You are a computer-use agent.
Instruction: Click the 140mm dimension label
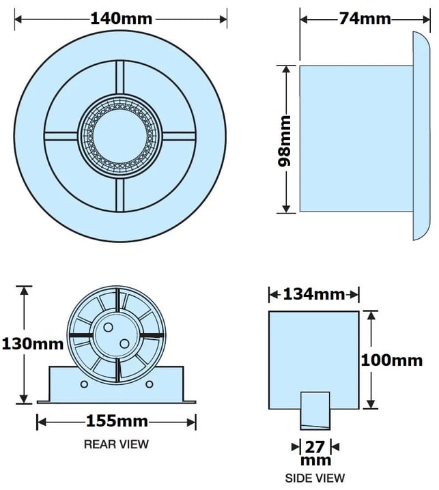click(x=122, y=18)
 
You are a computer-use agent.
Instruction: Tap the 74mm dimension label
click(x=365, y=18)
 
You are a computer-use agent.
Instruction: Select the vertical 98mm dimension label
click(x=284, y=141)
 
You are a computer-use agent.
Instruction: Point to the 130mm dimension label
click(x=33, y=344)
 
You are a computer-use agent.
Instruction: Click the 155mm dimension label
click(x=117, y=421)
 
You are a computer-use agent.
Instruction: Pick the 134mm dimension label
click(x=314, y=294)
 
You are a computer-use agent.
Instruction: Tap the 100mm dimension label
click(x=392, y=360)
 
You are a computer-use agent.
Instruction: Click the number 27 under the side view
click(x=315, y=447)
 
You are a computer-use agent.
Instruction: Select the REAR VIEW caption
click(x=116, y=444)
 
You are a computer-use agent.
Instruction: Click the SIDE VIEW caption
click(x=315, y=478)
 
